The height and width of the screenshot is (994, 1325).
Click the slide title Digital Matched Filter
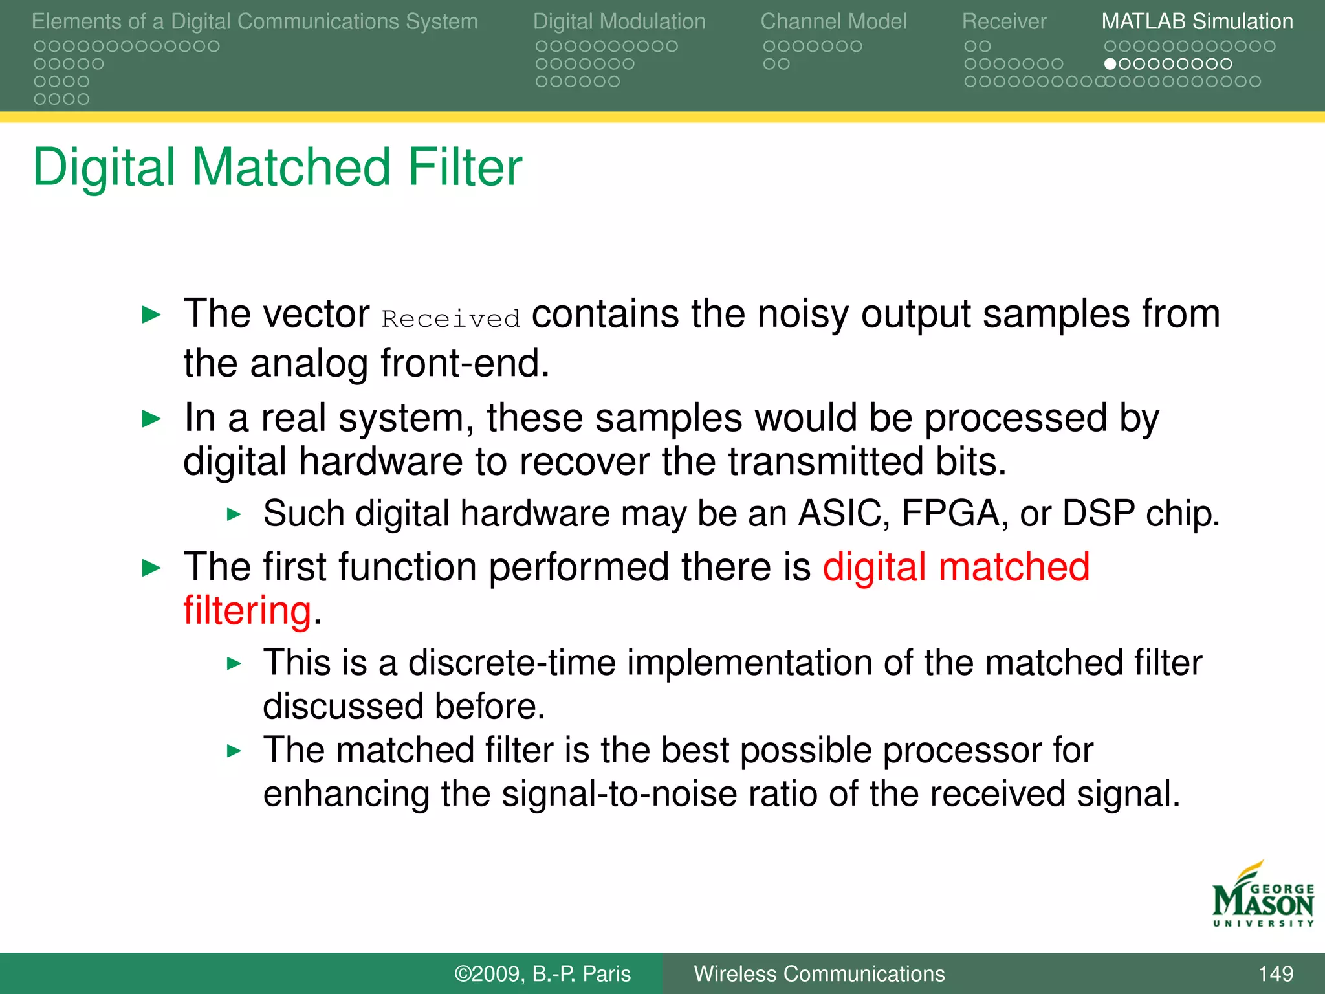pos(277,167)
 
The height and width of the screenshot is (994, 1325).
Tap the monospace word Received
pos(451,319)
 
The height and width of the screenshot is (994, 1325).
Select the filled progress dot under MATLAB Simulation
pos(1110,64)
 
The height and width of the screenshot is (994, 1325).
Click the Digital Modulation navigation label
pos(619,21)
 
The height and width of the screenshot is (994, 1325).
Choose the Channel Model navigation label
pos(833,21)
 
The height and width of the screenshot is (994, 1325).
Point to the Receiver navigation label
pos(1003,21)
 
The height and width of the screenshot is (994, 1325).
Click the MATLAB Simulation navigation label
pos(1197,21)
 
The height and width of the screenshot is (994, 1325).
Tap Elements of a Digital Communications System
pos(254,21)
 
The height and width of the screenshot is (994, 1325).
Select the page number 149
pos(1275,973)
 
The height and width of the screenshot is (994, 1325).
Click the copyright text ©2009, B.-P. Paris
pos(542,973)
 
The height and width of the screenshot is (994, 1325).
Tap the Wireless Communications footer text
pos(819,973)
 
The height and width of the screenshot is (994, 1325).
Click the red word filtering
pos(248,610)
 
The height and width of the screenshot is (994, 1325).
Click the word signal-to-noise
pos(619,794)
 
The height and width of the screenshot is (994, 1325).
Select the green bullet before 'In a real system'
pos(151,419)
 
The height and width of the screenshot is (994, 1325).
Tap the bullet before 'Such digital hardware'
pos(234,514)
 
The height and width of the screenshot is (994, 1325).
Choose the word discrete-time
pos(511,663)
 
